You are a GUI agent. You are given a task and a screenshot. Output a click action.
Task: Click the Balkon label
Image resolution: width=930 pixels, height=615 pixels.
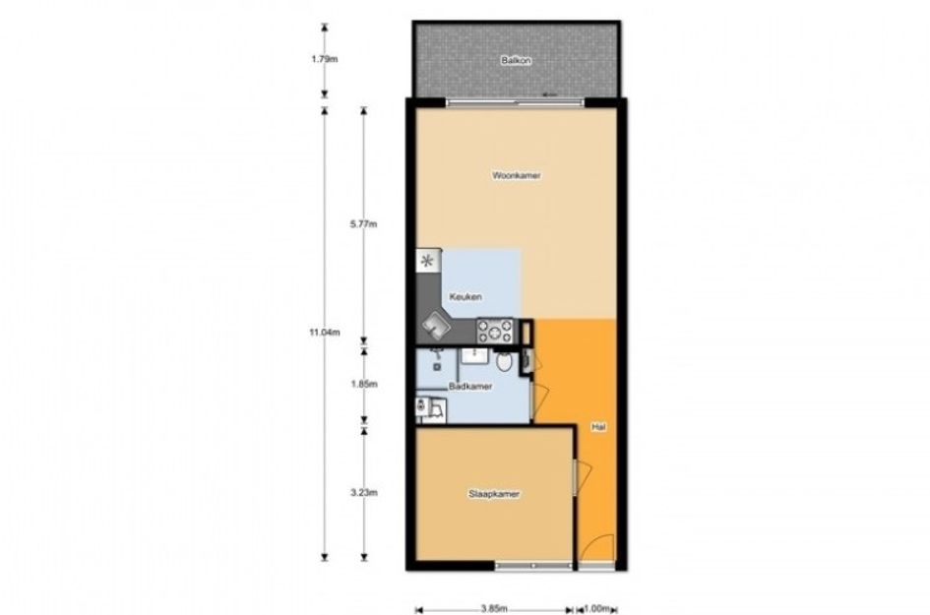coord(516,60)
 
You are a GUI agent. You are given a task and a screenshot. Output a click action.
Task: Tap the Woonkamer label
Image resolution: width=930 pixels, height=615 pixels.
coord(516,175)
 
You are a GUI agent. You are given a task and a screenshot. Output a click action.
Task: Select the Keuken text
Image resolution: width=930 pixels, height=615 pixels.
coord(465,296)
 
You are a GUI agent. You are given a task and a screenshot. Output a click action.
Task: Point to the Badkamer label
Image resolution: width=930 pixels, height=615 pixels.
coord(470,386)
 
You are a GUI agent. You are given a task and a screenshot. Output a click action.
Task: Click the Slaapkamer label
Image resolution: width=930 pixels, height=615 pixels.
coord(494,493)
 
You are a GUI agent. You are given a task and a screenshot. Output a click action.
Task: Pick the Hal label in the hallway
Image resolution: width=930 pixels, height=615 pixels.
coord(598,426)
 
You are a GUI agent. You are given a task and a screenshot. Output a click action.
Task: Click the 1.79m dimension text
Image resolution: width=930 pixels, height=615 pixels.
coord(325,59)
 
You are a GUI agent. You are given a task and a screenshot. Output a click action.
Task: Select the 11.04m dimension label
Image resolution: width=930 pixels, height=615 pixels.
coord(325,333)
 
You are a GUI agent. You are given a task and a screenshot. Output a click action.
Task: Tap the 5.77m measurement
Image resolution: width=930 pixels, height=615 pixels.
coord(363,224)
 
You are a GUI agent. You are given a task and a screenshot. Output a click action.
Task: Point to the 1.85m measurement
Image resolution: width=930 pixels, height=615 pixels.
coord(363,384)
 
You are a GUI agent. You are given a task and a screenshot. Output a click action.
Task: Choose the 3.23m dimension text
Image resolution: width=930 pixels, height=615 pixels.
coord(363,492)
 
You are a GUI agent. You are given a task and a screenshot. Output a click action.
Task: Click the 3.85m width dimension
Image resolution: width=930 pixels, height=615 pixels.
coord(494,608)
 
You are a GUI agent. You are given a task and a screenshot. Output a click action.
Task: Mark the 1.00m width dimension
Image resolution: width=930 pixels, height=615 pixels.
coord(596,608)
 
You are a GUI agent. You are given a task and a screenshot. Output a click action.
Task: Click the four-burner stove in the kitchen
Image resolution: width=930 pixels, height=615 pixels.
coord(496,332)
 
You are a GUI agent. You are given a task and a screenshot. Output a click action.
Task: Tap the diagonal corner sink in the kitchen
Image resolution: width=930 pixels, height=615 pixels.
coord(436,325)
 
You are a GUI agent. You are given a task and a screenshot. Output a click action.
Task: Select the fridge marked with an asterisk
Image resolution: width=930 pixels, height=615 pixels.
coord(428,261)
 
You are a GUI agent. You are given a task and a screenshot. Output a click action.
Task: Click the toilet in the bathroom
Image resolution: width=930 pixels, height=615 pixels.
coord(504,360)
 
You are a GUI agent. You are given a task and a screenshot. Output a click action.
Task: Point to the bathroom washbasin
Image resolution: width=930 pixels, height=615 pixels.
coord(474,355)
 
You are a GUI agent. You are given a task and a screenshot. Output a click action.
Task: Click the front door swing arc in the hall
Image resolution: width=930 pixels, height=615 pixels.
coord(597,546)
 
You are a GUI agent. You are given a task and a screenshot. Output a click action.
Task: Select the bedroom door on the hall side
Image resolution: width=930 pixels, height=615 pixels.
coord(582,477)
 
